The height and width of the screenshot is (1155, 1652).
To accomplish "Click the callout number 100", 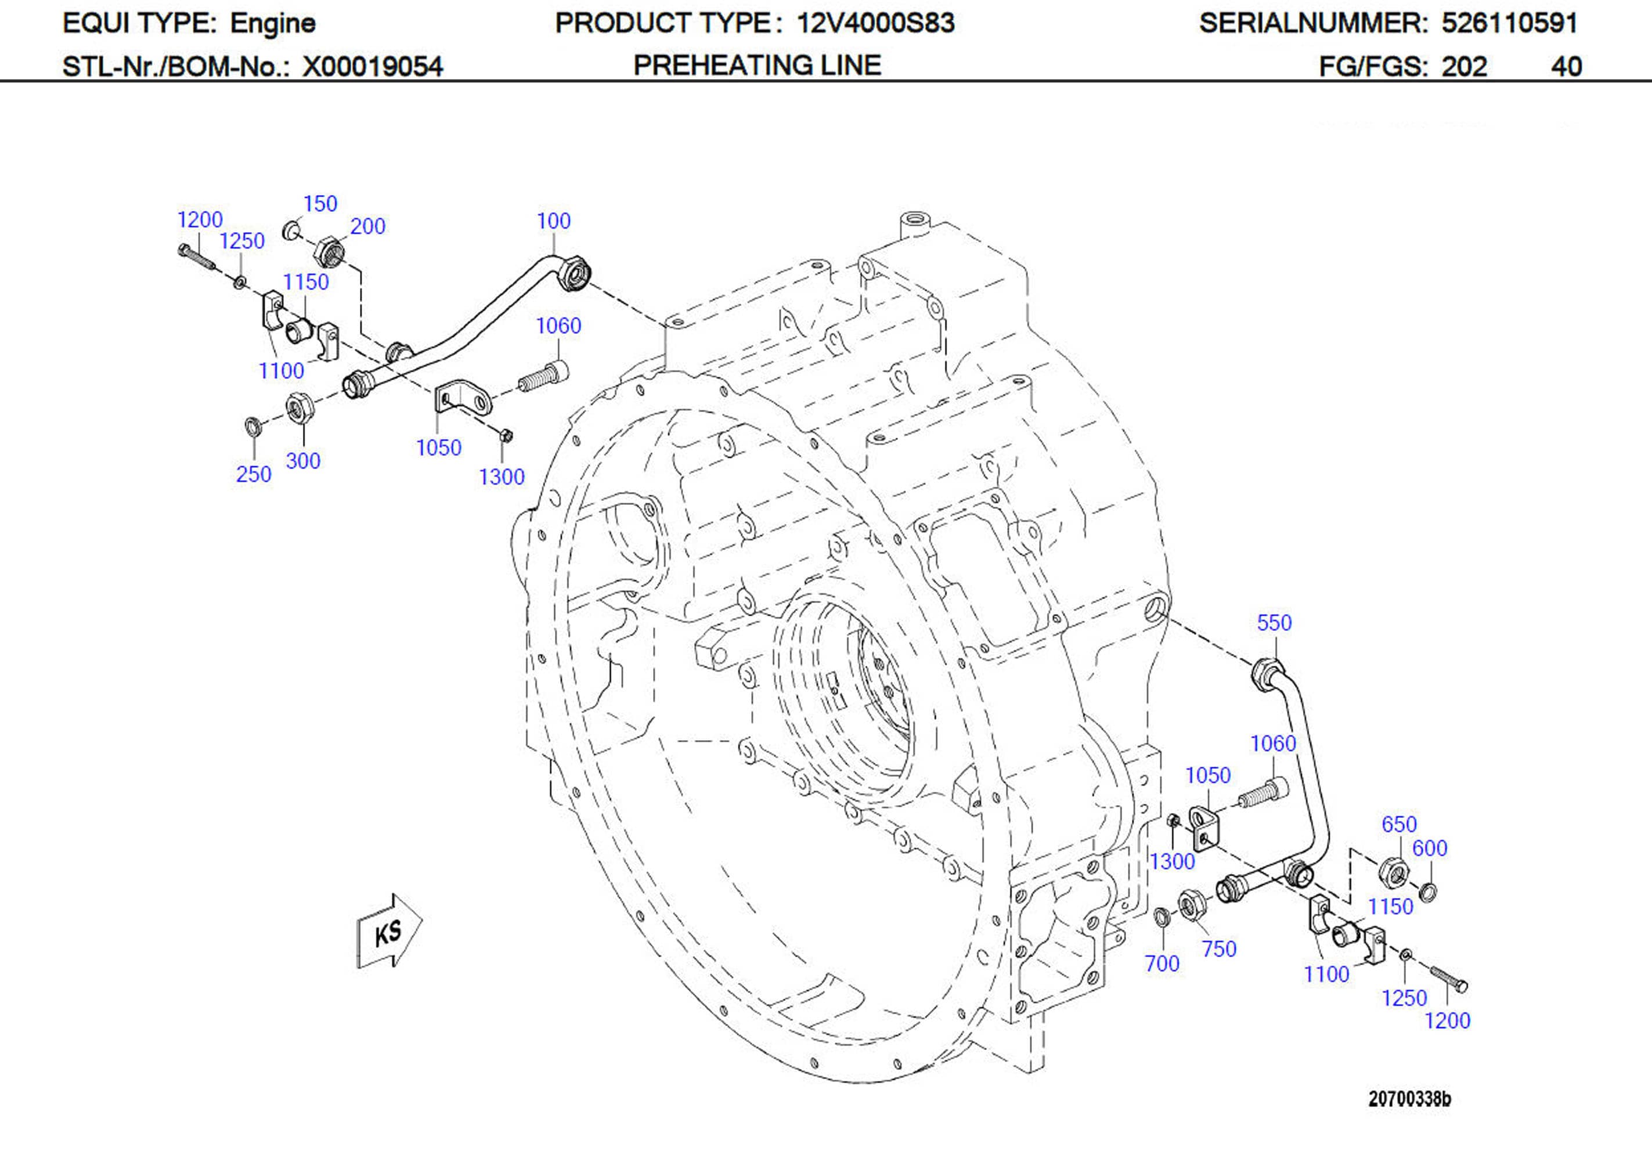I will click(553, 221).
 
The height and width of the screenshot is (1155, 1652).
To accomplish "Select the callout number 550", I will click(1274, 622).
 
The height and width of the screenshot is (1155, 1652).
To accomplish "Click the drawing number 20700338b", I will click(1409, 1099).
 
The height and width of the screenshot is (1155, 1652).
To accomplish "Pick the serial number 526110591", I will click(1509, 24).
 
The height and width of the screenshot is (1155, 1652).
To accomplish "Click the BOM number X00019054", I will click(372, 67).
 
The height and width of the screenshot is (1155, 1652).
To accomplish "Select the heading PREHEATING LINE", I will click(757, 66).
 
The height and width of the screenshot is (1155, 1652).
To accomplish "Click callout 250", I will click(253, 474).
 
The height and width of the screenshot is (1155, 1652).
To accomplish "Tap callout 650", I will click(1399, 824).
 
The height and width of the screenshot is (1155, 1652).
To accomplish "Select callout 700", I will click(1162, 963).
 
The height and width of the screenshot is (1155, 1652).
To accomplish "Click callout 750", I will click(1219, 949).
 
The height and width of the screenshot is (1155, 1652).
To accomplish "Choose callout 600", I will click(1429, 849).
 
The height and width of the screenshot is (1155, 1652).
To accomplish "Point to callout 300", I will click(303, 461).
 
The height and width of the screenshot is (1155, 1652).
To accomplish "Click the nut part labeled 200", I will click(330, 251).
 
